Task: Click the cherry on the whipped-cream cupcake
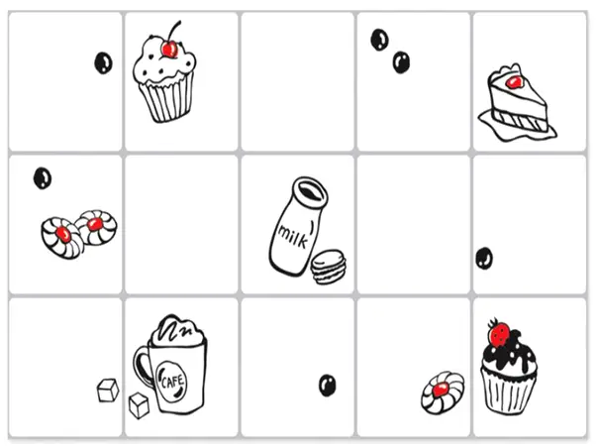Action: coord(169,48)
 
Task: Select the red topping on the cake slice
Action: coord(513,80)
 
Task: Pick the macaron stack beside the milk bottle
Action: coord(327,267)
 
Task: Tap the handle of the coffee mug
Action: coord(143,366)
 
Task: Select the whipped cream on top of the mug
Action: coord(179,332)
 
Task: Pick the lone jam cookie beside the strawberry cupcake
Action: coord(440,391)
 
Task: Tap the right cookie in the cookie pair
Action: coord(95,226)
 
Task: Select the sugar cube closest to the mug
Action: coord(140,404)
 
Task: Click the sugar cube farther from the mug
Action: coord(107,391)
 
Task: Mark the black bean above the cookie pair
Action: coord(42,177)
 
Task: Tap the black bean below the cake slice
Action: coord(484,258)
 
